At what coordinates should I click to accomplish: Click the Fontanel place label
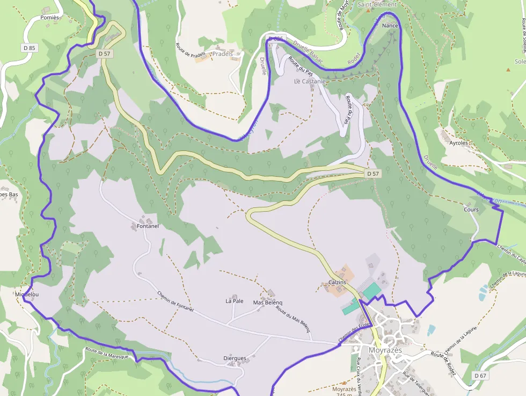pos(148,226)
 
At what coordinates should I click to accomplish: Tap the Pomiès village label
pos(49,18)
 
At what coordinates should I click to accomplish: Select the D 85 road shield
pos(29,48)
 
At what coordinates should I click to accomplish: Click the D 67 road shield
pos(480,375)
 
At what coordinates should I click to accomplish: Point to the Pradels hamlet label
pos(223,54)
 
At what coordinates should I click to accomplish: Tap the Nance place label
pos(390,25)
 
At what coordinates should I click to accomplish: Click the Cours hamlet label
pos(471,210)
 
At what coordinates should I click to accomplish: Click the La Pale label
pos(235,301)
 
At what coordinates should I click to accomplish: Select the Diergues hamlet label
pos(235,358)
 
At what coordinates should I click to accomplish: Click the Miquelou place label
pos(27,295)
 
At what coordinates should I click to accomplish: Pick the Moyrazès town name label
pos(385,350)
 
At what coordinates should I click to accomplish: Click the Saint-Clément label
pos(377,4)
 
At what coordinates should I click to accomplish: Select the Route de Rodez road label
pos(443,363)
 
